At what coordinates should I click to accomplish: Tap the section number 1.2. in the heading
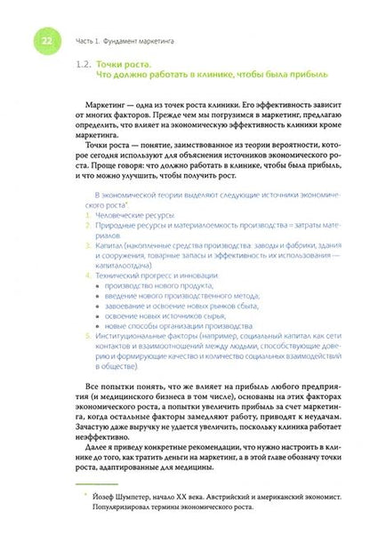coord(87,64)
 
